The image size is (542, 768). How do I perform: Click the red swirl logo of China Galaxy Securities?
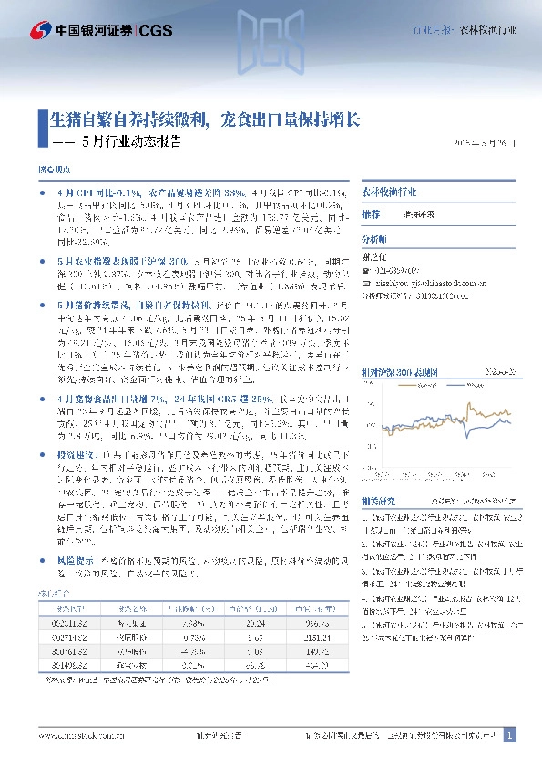coord(41,30)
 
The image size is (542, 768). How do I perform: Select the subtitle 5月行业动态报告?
coord(131,142)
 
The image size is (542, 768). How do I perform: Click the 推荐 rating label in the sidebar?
coord(371,213)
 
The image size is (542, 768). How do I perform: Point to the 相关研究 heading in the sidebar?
coord(377,501)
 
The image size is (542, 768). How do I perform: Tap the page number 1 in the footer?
coord(510,734)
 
